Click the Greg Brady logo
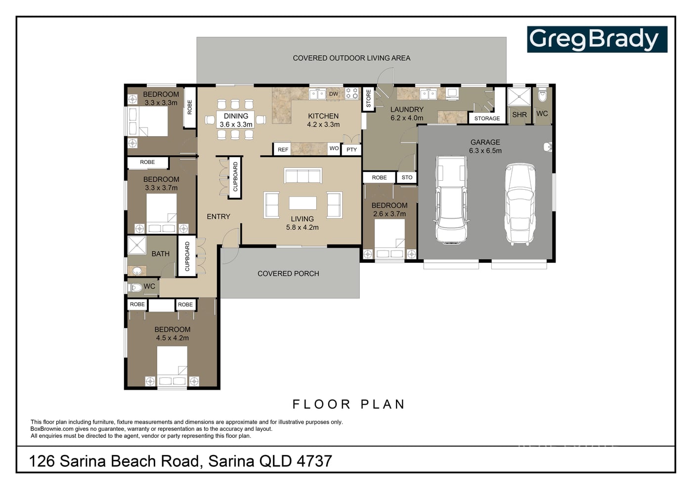(x=597, y=39)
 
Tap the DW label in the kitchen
(x=334, y=94)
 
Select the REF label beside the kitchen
(x=283, y=150)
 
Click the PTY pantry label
(x=351, y=150)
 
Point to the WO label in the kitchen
(x=334, y=148)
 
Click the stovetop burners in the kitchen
(x=351, y=93)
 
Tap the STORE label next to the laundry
(x=368, y=98)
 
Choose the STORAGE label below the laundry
(x=487, y=118)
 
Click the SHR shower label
(x=519, y=115)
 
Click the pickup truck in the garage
(x=451, y=200)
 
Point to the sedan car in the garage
(x=520, y=204)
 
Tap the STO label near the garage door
(x=407, y=177)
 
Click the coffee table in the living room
(x=303, y=203)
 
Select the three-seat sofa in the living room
(x=303, y=176)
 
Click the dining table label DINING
(x=236, y=116)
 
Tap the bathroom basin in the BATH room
(x=137, y=271)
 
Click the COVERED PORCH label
(x=288, y=274)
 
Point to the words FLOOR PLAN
(x=348, y=405)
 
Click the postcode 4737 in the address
(x=314, y=461)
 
